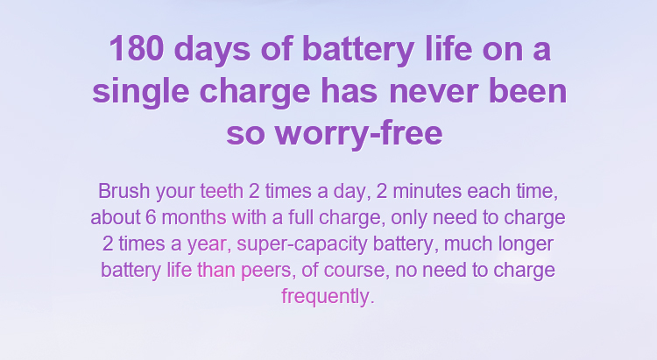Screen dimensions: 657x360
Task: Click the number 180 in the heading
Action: click(136, 48)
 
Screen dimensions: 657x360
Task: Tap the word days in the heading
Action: click(212, 49)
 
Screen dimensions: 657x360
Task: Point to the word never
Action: click(434, 91)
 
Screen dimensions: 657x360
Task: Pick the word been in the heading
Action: click(528, 90)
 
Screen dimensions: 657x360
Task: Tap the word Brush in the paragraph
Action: click(124, 191)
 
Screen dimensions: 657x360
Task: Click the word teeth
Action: click(222, 191)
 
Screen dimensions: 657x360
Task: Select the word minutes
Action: click(427, 191)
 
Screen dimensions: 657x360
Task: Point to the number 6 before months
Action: click(151, 217)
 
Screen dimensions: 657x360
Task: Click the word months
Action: click(194, 217)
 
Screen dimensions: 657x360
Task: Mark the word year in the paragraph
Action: click(207, 244)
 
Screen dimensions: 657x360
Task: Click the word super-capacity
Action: click(302, 244)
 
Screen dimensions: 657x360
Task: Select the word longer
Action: click(526, 244)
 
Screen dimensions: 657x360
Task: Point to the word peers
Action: click(266, 271)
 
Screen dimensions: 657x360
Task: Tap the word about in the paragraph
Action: click(116, 217)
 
